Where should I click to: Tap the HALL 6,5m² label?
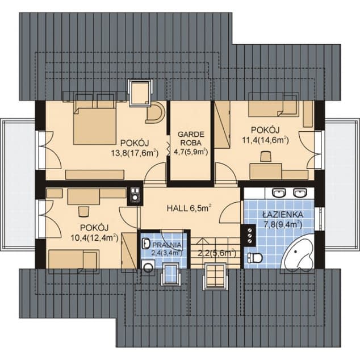point(189,208)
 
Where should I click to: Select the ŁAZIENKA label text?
point(283,215)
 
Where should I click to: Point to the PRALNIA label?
point(167,245)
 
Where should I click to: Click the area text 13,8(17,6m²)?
point(135,153)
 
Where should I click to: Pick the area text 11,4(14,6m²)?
point(265,140)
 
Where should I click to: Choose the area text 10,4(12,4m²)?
point(95,238)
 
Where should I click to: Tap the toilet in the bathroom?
point(255,258)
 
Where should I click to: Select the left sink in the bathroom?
point(279,193)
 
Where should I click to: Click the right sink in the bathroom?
point(300,193)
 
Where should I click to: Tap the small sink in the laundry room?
point(145,244)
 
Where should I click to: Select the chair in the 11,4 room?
point(266,157)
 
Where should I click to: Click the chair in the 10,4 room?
point(84,211)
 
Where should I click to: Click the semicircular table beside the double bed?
point(156,112)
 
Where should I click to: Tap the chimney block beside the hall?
point(135,196)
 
